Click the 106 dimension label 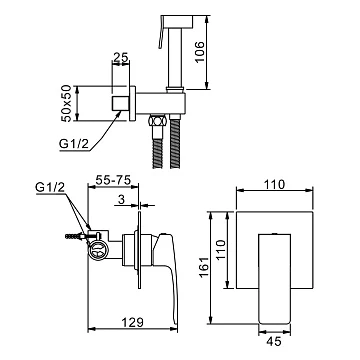click(x=199, y=52)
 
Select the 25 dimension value click(x=121, y=57)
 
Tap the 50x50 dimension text click(x=67, y=104)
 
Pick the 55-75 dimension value click(x=113, y=180)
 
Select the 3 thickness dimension click(x=121, y=199)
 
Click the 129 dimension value click(x=132, y=322)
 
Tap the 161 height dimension click(x=203, y=267)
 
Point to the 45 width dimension click(x=274, y=341)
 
